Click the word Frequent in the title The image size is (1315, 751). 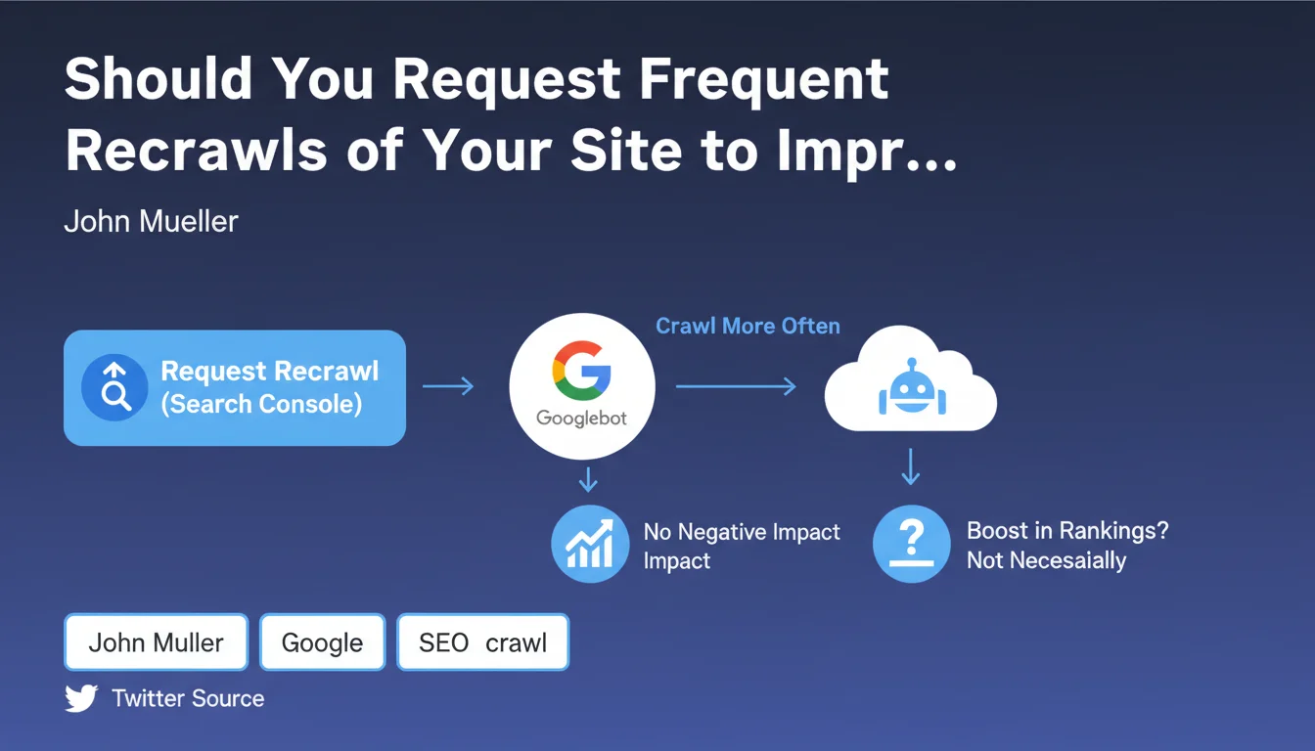[x=763, y=81]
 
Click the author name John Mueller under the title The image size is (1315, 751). [x=151, y=221]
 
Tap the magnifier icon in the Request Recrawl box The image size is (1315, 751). [x=114, y=387]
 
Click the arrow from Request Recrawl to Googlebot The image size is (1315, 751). [x=448, y=385]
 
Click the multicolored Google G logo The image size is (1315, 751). [x=582, y=371]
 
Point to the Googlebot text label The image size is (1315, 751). [x=581, y=419]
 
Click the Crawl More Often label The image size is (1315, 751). [x=748, y=326]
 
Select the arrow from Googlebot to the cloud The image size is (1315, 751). [x=736, y=386]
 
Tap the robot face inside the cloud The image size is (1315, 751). [x=912, y=388]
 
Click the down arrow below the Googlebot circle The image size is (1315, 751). [x=588, y=479]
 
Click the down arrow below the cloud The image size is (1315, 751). [x=911, y=466]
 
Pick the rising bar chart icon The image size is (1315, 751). [x=590, y=544]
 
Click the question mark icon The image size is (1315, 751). [x=912, y=544]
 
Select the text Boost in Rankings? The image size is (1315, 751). [x=1067, y=531]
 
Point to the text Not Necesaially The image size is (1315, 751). [x=1046, y=560]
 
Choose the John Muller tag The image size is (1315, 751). [x=157, y=641]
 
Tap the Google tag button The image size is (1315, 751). [x=322, y=641]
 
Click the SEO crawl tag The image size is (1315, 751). [x=483, y=641]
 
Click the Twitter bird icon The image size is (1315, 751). [x=81, y=697]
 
